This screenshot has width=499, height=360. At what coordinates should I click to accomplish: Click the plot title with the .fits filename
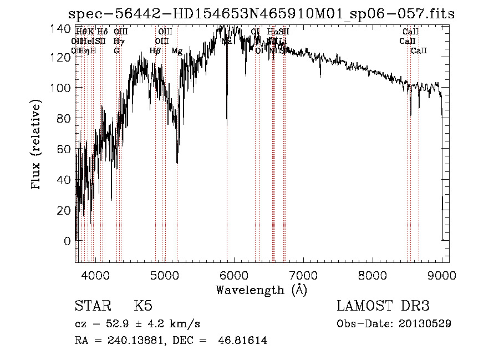[x=261, y=14]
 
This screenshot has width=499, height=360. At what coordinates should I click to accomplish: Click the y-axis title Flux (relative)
[x=37, y=145]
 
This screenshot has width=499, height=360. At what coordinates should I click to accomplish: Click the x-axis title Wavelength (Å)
[x=261, y=290]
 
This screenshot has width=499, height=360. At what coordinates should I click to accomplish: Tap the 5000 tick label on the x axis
[x=165, y=276]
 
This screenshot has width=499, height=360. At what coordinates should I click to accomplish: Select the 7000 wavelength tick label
[x=303, y=276]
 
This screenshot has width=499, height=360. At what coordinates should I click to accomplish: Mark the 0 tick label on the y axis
[x=68, y=241]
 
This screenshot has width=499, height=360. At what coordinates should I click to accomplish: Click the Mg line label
[x=177, y=51]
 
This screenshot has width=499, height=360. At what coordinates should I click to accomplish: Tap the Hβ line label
[x=155, y=51]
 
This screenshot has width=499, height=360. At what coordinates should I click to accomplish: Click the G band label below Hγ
[x=116, y=51]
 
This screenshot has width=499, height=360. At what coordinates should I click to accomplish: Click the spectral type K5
[x=143, y=306]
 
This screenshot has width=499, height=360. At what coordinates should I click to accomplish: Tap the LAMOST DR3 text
[x=383, y=306]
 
